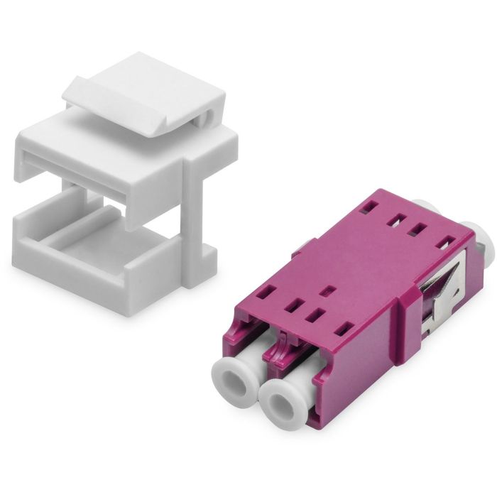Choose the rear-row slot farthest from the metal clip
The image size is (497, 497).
367,207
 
